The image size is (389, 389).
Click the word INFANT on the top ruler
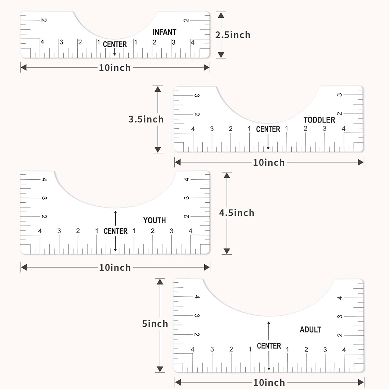point(164,32)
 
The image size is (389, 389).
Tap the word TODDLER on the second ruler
point(319,120)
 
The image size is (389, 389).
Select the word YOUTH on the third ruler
point(154,220)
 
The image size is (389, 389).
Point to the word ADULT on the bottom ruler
point(310,330)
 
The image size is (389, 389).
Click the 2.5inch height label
point(233,35)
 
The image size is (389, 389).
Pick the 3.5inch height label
point(146,119)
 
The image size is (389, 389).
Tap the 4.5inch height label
point(237,213)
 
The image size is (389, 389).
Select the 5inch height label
point(155,324)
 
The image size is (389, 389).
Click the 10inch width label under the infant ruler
point(115,68)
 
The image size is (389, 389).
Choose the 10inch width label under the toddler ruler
point(269,163)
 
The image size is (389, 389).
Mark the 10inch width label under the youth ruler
point(115,268)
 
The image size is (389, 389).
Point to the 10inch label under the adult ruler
point(269,383)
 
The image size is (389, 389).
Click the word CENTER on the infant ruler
point(115,44)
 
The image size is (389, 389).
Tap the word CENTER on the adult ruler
point(269,346)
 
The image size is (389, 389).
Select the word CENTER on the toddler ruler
point(268,129)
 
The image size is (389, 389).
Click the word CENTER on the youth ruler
point(115,231)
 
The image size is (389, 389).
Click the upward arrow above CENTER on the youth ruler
point(115,218)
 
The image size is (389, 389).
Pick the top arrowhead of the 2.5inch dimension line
point(221,15)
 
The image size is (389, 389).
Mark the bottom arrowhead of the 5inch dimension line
point(160,369)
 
